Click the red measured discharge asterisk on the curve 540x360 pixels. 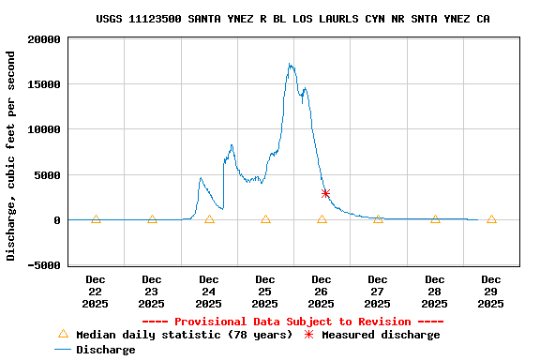(x=325, y=193)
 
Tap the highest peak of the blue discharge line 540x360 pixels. (x=291, y=65)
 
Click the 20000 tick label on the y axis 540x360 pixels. (x=44, y=39)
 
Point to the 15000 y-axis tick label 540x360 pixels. (x=44, y=84)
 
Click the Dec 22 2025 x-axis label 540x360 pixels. (x=96, y=292)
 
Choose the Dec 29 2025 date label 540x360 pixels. (x=491, y=292)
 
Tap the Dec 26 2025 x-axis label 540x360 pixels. (x=322, y=292)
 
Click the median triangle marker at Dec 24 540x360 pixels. (x=209, y=219)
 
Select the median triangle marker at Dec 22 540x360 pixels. (x=96, y=219)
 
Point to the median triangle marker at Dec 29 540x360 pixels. (x=491, y=219)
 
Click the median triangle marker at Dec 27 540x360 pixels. (x=378, y=219)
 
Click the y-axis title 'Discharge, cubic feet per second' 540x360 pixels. (x=11, y=156)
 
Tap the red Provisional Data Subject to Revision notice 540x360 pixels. (x=292, y=322)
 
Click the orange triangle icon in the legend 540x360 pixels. (x=64, y=334)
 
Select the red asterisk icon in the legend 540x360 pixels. (x=307, y=335)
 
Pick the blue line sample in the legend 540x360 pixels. (x=63, y=350)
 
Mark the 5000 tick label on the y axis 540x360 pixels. (x=48, y=175)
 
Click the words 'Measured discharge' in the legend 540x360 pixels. (x=381, y=335)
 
